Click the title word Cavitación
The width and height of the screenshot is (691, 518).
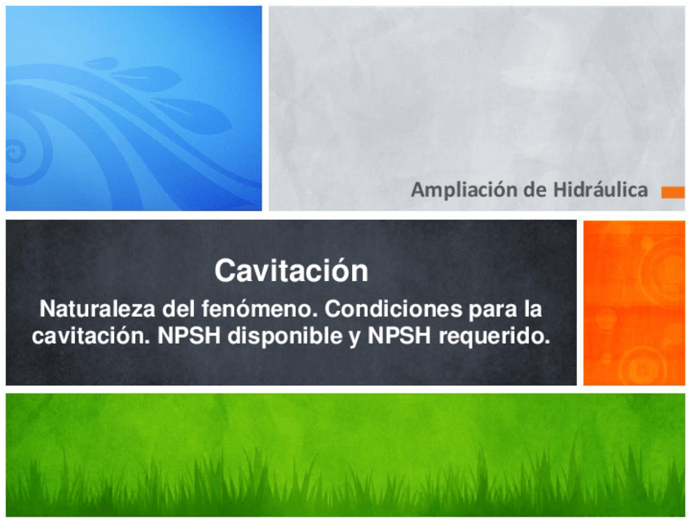point(291,270)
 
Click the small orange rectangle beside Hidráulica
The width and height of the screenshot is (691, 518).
point(672,192)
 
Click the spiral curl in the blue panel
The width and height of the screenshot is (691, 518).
point(20,151)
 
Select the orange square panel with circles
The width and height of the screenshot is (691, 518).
point(633,302)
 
